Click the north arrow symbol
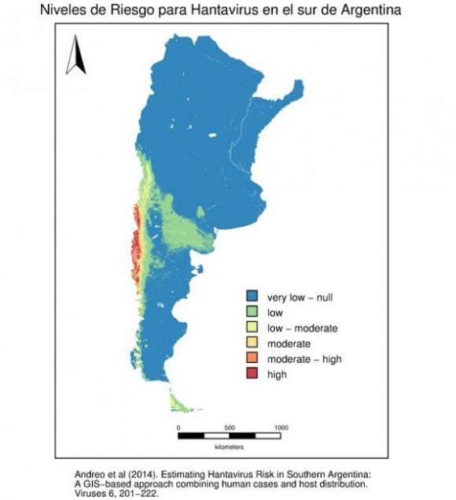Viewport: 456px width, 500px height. point(75,57)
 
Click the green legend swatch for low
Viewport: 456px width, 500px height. point(253,313)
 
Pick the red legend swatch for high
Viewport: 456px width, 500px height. point(253,375)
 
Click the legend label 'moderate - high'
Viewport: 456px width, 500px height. point(304,359)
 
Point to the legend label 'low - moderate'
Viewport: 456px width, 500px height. point(302,328)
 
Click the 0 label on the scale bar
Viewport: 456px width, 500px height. point(178,428)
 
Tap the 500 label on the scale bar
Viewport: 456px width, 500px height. point(229,428)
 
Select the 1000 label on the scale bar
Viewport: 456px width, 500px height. point(280,428)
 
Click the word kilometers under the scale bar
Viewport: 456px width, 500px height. point(229,446)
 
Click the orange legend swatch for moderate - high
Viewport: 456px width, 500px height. point(253,359)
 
